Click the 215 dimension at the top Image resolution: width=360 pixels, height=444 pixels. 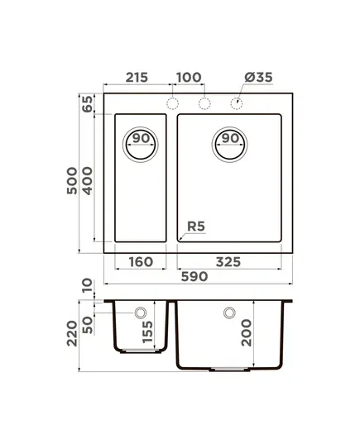(x=137, y=77)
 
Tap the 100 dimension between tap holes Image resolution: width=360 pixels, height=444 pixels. (x=189, y=77)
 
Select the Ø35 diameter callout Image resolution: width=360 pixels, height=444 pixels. (x=258, y=77)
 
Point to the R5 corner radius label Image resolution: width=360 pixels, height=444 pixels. (x=196, y=227)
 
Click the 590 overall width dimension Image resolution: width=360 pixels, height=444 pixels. (x=194, y=276)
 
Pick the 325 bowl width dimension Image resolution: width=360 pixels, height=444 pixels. (x=228, y=262)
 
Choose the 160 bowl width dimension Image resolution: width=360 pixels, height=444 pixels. (x=141, y=262)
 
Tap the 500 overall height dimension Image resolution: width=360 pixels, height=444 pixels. (x=72, y=180)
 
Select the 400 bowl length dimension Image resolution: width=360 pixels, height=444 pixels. (x=88, y=180)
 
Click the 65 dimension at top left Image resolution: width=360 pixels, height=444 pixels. (x=88, y=104)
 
